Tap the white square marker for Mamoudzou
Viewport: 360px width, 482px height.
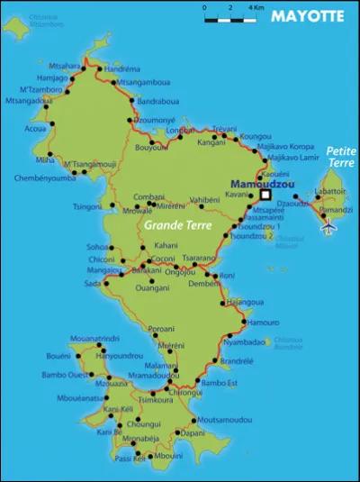pos(265,194)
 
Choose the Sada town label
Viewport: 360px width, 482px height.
pos(93,283)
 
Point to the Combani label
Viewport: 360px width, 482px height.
pos(149,196)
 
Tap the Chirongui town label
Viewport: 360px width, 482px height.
pos(185,392)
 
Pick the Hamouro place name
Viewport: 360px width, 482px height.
pos(263,322)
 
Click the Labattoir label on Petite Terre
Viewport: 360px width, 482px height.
pos(331,191)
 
